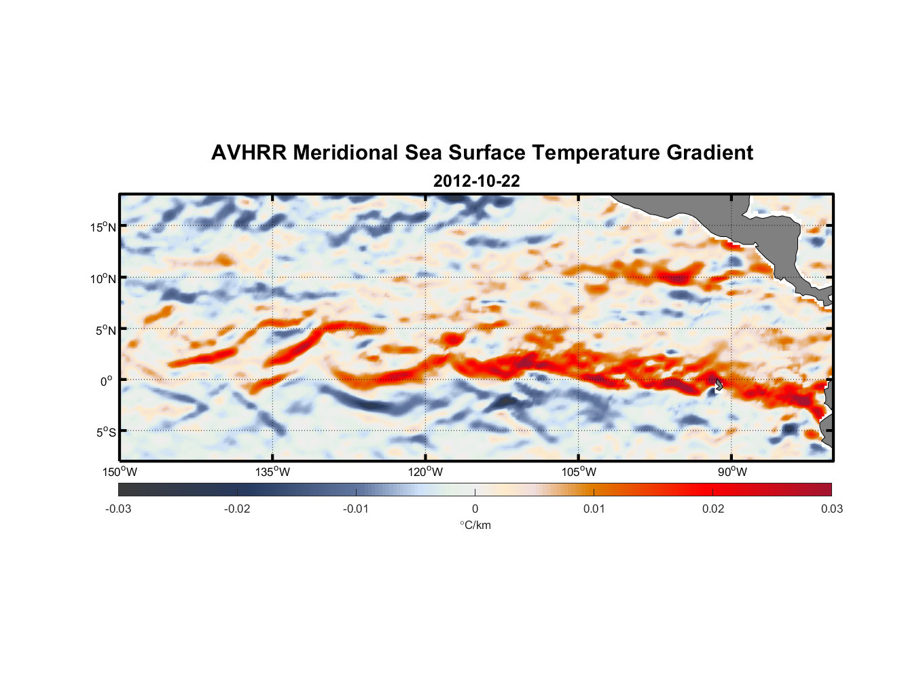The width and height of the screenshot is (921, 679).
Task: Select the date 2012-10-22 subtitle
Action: tap(476, 181)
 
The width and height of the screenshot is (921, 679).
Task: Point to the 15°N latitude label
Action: tap(103, 227)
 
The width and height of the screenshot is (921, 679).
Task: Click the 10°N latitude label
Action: tap(103, 278)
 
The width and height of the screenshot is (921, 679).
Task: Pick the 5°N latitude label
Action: tap(105, 330)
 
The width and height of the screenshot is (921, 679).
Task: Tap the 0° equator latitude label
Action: tap(107, 381)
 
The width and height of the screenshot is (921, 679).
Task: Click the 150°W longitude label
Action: tap(120, 472)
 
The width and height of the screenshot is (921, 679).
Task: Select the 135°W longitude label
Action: tap(272, 472)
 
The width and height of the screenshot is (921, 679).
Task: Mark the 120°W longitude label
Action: tap(425, 472)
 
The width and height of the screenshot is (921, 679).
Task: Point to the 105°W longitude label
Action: tap(579, 472)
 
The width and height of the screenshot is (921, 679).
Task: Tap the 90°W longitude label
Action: tap(732, 472)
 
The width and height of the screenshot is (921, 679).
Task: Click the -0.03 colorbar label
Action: tap(118, 509)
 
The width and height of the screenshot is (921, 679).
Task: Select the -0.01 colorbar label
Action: tap(356, 509)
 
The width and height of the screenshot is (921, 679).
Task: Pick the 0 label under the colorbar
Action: tap(475, 509)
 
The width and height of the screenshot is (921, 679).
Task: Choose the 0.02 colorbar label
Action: tap(712, 509)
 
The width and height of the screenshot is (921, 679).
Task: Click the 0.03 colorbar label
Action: tap(831, 509)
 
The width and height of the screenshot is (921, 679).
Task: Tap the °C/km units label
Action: tap(475, 525)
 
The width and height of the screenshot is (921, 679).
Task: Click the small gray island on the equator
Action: tap(718, 384)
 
